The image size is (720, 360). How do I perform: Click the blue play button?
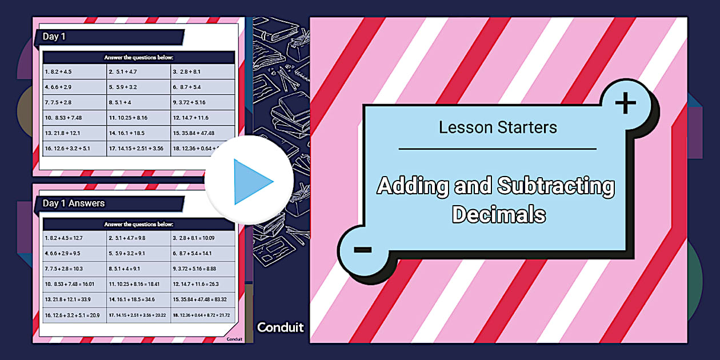point(250,181)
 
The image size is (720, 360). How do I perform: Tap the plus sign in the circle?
point(626,103)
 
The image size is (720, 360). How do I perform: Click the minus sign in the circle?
point(363,250)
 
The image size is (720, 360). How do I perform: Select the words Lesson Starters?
point(498,127)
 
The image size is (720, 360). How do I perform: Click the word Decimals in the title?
point(499,214)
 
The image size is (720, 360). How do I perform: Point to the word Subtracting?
point(556,186)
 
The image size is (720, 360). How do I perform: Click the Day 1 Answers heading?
point(74,203)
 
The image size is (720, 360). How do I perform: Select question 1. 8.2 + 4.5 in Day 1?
point(58,72)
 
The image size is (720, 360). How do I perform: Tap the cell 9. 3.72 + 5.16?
point(189,103)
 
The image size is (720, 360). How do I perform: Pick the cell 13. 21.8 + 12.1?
point(62,133)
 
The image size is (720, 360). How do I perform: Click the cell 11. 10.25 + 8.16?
point(128,118)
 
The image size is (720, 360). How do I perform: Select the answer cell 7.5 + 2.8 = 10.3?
point(63,269)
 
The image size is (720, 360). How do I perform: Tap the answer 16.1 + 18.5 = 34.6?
point(131,299)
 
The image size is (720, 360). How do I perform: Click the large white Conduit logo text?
point(281,327)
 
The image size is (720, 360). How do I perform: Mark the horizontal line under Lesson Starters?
point(497,149)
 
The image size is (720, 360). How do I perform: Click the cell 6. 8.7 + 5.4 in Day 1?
point(187,87)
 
